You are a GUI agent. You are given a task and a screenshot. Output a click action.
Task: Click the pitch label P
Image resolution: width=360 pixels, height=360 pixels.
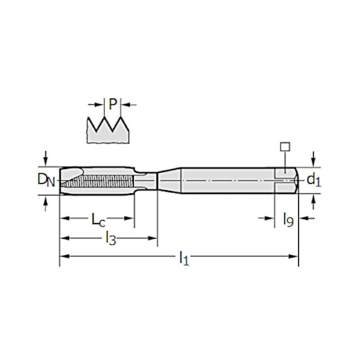(113, 104)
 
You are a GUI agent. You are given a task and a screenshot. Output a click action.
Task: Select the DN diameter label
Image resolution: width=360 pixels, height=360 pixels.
(46, 180)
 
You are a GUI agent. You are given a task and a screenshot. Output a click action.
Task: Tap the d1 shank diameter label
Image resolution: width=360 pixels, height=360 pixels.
(314, 180)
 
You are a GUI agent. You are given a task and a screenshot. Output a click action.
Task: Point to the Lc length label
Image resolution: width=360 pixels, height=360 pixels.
(98, 220)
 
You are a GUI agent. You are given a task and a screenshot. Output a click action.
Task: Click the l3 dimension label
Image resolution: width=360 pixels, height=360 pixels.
(110, 239)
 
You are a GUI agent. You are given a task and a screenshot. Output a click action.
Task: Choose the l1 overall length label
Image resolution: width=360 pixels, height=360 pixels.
(184, 258)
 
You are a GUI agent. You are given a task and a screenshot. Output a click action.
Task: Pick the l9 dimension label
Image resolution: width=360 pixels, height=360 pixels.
(289, 220)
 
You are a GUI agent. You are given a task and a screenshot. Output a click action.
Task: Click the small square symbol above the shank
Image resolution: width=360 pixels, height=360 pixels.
(285, 147)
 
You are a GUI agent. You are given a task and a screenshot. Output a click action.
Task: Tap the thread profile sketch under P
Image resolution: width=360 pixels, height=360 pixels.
(108, 130)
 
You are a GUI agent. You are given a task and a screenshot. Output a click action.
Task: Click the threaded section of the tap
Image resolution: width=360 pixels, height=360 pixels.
(96, 181)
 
